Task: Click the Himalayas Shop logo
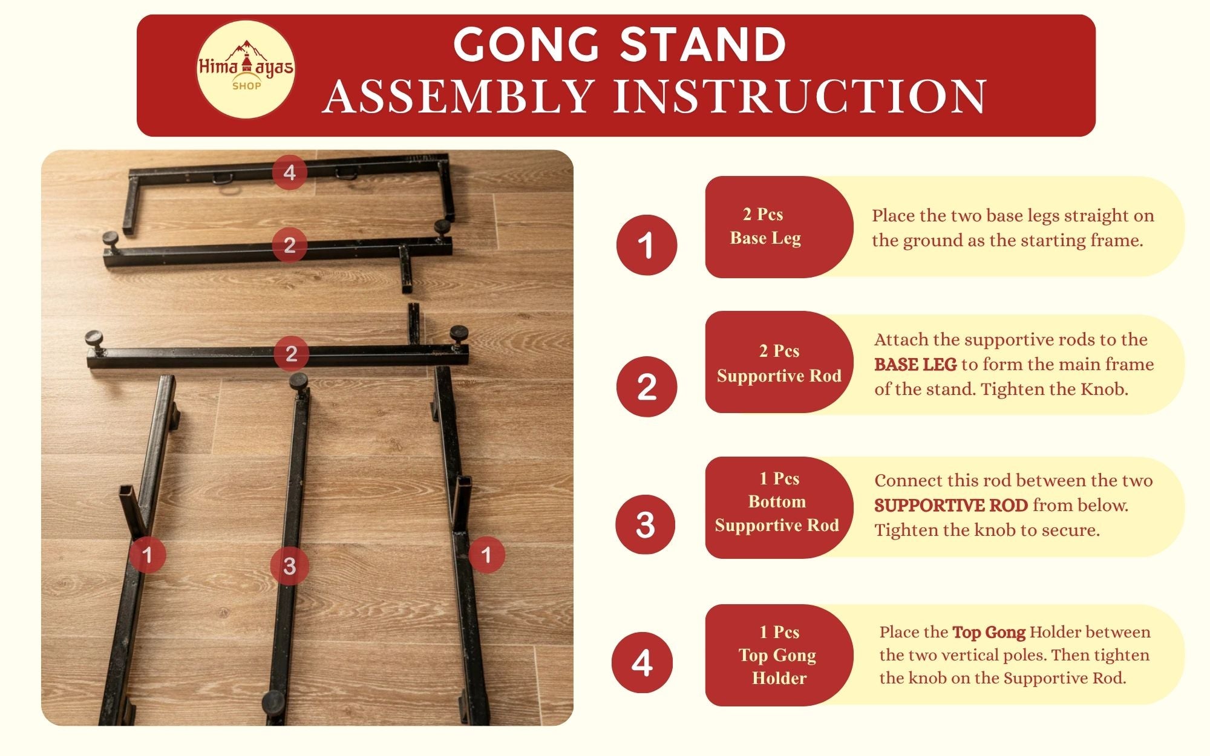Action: [246, 69]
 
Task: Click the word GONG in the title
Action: [526, 45]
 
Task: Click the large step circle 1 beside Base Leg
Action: [646, 245]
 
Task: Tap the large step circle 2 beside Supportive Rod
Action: [646, 386]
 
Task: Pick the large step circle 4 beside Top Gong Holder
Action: [642, 663]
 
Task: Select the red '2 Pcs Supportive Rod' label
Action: [779, 363]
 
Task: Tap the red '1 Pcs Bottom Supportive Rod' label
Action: [777, 502]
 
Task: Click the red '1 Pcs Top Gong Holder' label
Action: [779, 655]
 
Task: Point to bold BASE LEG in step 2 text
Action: [915, 365]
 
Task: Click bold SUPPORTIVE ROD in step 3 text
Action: [950, 506]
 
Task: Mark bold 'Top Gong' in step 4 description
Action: [989, 633]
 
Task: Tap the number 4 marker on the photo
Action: [290, 172]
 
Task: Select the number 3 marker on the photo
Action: [290, 566]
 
